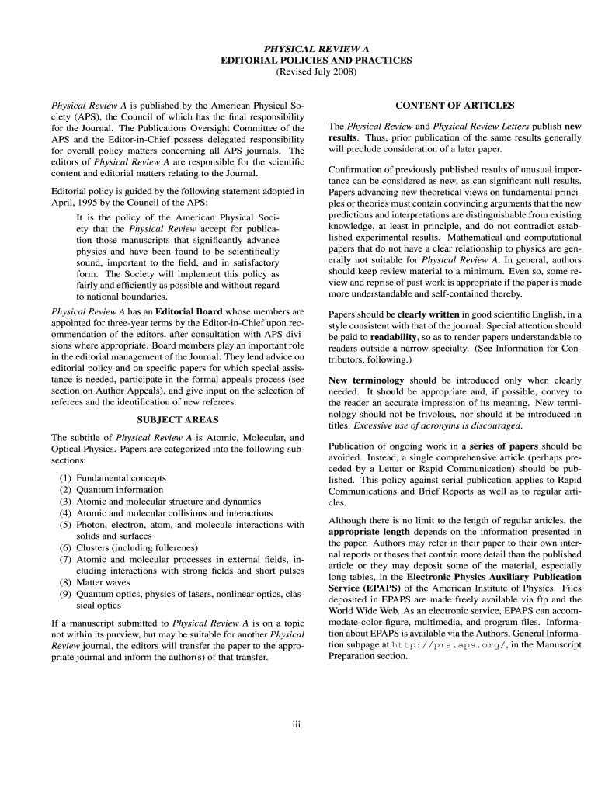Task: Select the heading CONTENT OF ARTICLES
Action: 454,106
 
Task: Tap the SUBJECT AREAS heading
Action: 177,420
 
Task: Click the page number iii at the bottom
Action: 296,724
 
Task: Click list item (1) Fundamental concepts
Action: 113,478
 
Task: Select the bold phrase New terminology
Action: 367,380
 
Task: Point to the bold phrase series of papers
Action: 504,446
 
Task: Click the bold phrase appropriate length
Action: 369,533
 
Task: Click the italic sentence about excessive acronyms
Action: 438,425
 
